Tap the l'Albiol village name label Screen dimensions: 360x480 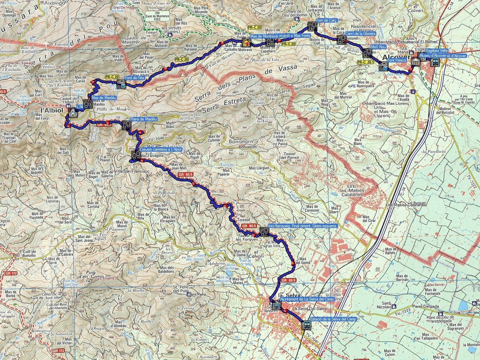pyautogui.click(x=52, y=110)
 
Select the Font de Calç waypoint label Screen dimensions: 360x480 pyautogui.click(x=327, y=20)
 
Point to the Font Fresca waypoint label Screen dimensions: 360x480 pyautogui.click(x=397, y=61)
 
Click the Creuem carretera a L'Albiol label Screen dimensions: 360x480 pyautogui.click(x=161, y=150)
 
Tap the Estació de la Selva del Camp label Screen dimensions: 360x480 pyautogui.click(x=333, y=319)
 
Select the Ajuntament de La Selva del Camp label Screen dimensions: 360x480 pyautogui.click(x=307, y=299)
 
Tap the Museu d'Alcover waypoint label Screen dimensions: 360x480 pyautogui.click(x=442, y=56)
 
